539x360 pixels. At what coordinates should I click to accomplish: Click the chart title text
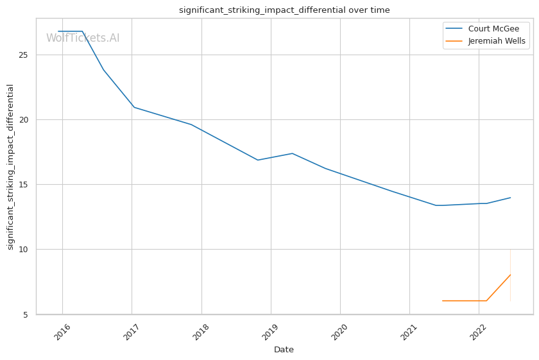(284, 10)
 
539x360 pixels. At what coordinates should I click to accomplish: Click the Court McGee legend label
(493, 28)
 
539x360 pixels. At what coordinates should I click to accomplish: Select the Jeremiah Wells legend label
(497, 41)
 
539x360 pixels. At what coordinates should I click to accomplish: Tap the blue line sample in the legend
(454, 28)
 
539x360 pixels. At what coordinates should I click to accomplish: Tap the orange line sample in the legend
(454, 41)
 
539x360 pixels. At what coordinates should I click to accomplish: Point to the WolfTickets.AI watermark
(83, 38)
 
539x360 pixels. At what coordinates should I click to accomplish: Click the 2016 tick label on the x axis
(62, 332)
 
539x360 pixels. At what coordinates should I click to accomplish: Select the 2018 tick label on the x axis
(201, 332)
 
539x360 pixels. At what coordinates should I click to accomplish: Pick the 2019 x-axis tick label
(271, 332)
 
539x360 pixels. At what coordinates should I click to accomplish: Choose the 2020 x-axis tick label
(339, 332)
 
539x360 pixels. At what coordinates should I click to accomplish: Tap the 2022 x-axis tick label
(479, 332)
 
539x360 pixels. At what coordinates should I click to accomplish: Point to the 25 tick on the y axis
(23, 55)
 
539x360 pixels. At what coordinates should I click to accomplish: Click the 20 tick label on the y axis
(23, 119)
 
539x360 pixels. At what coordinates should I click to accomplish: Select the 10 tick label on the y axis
(23, 249)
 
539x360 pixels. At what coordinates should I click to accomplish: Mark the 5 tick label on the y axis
(26, 314)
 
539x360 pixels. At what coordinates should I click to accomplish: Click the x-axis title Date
(284, 350)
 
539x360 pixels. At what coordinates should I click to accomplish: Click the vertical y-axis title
(10, 167)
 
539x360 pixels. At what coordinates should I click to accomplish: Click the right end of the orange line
(511, 275)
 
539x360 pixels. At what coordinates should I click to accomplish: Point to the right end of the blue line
(511, 198)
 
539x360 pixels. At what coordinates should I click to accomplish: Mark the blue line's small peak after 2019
(292, 153)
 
